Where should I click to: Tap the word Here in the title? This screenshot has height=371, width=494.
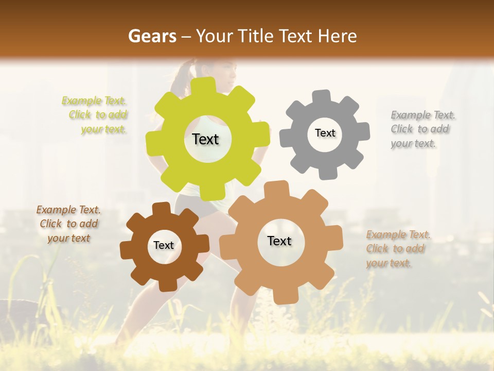(337, 36)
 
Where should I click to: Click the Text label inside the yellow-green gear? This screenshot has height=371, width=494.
(205, 139)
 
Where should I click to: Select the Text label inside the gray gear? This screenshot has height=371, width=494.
(325, 133)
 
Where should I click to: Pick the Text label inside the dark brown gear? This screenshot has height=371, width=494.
(164, 245)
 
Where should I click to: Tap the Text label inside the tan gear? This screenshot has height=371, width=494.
(279, 241)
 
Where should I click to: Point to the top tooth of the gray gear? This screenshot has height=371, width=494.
(322, 97)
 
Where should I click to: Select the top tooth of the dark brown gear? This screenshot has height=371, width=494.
(162, 209)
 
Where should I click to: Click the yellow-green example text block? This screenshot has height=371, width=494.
(95, 115)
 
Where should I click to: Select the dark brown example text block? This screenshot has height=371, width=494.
(69, 224)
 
